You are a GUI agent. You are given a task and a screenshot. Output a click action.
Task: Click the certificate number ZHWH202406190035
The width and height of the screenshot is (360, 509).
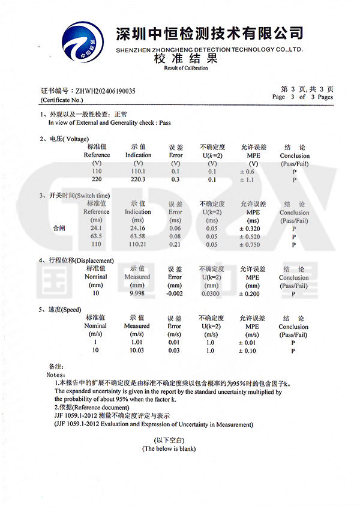[x=103, y=91]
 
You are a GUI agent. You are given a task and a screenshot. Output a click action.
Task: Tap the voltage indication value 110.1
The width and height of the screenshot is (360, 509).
[x=138, y=172]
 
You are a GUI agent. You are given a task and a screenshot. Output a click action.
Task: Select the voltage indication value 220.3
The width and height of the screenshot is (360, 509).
[x=138, y=179]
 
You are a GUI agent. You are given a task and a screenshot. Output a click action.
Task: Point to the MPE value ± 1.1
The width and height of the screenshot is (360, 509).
[x=248, y=179]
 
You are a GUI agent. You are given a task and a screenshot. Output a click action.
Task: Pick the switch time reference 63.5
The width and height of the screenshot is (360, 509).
[x=96, y=236]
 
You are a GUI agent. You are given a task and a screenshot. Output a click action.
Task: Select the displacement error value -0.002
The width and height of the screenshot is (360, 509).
[x=175, y=294]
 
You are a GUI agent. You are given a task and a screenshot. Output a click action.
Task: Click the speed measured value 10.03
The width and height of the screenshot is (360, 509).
[x=137, y=351]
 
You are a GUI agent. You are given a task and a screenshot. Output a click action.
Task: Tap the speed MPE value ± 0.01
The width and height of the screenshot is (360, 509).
[x=248, y=343]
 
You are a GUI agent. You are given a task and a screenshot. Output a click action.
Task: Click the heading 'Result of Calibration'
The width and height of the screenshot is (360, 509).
[x=186, y=68]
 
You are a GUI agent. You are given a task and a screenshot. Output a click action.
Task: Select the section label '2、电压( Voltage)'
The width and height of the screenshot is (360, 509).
[x=64, y=139]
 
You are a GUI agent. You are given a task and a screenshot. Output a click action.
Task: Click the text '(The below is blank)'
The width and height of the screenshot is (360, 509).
[x=169, y=449]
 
